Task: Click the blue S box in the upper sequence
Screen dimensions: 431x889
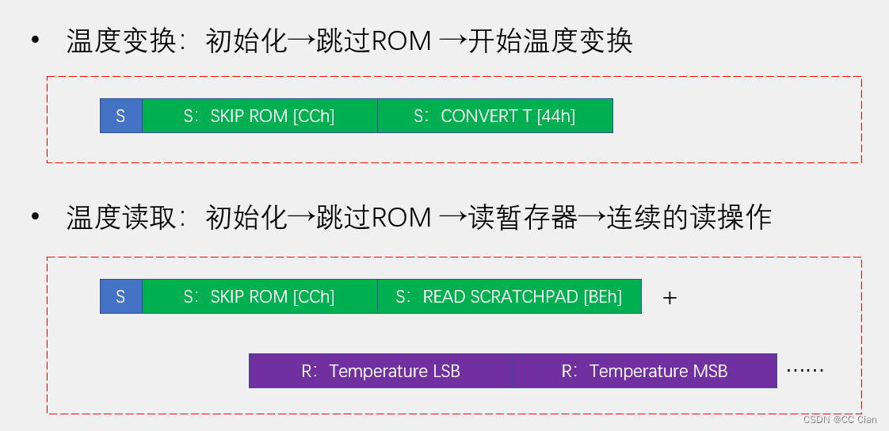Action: [120, 116]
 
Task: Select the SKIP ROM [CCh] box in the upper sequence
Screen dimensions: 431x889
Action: [259, 116]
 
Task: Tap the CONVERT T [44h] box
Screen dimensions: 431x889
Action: [494, 116]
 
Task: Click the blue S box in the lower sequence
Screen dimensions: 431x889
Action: [120, 296]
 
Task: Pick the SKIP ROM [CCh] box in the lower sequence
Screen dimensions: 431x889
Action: [259, 296]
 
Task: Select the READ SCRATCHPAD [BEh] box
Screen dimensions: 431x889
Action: [509, 296]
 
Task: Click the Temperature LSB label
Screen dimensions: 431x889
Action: [381, 371]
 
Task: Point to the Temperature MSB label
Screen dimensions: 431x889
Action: [645, 371]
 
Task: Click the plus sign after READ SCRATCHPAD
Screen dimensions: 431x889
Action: [670, 299]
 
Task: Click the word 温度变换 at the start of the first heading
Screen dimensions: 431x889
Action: [120, 40]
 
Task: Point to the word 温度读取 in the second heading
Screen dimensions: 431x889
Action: [120, 217]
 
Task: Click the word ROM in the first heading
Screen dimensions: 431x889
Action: [401, 40]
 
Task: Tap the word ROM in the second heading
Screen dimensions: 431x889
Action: [401, 217]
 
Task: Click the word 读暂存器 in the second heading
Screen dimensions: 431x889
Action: [523, 217]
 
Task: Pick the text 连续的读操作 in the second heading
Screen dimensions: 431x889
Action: [689, 217]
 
